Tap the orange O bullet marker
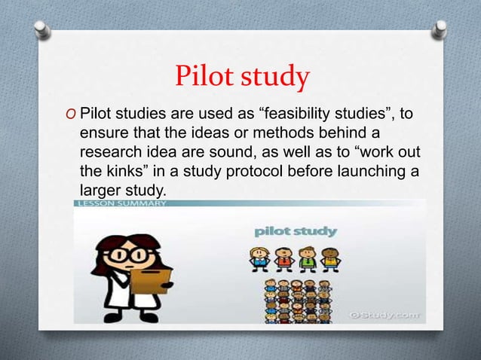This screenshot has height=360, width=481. [69, 114]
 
